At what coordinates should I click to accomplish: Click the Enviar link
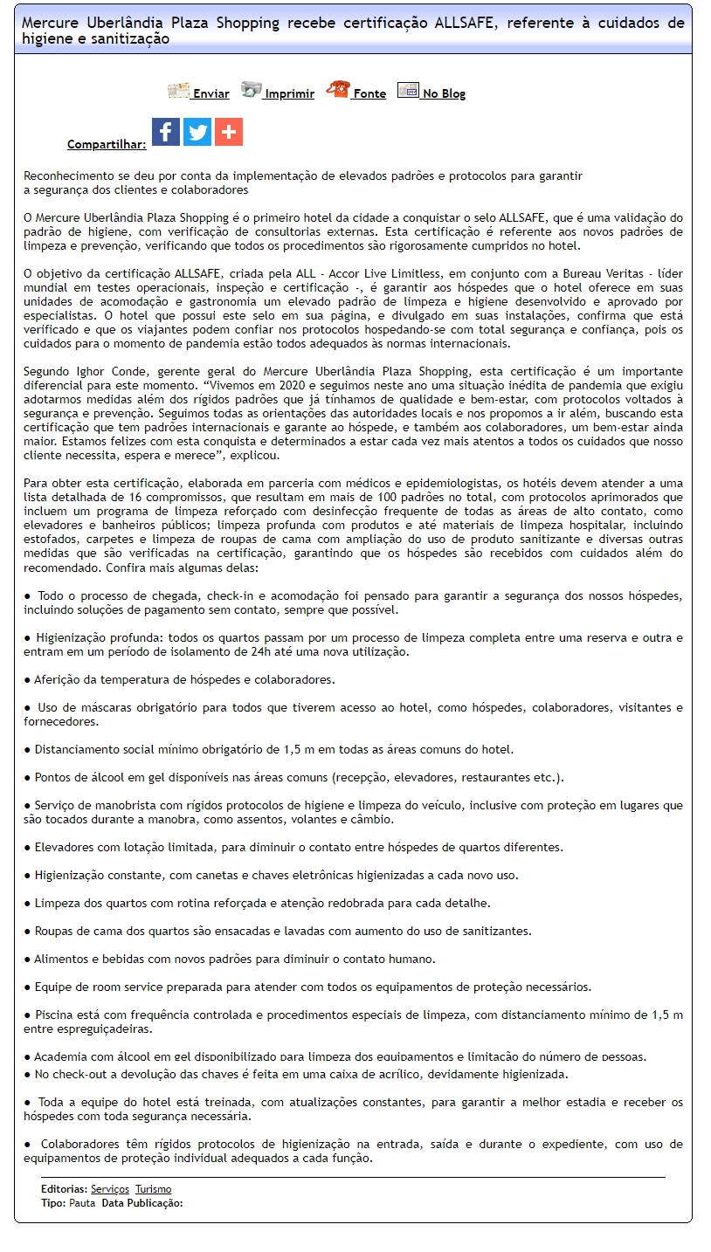tap(211, 94)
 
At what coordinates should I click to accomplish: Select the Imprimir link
tap(289, 94)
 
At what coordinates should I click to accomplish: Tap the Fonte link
tap(369, 94)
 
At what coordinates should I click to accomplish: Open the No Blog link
tap(444, 94)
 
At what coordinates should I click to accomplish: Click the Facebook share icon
tap(166, 132)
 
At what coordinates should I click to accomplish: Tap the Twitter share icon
tap(197, 132)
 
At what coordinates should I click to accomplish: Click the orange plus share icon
tap(229, 132)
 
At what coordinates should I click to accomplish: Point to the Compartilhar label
tap(107, 145)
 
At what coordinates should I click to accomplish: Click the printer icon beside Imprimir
tap(252, 89)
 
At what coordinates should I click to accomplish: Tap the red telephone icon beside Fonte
tap(338, 89)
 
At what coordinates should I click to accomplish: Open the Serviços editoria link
tap(110, 1189)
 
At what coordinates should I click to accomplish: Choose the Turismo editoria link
tap(153, 1189)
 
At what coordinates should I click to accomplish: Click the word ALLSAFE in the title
tap(466, 24)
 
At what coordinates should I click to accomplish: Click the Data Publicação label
tap(142, 1203)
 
